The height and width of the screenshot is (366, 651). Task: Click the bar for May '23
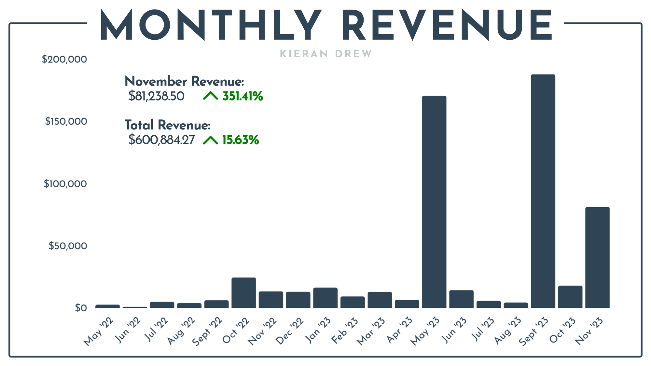pyautogui.click(x=434, y=202)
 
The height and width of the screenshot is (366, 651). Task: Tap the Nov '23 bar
pyautogui.click(x=597, y=257)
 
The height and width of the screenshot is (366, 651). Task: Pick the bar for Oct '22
pyautogui.click(x=243, y=293)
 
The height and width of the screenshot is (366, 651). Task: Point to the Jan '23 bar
pyautogui.click(x=325, y=298)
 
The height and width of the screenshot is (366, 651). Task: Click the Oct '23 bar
pyautogui.click(x=570, y=297)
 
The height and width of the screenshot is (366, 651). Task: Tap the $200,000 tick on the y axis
pyautogui.click(x=64, y=59)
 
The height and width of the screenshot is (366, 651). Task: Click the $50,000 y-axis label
pyautogui.click(x=68, y=246)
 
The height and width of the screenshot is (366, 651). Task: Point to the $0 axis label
pyautogui.click(x=81, y=308)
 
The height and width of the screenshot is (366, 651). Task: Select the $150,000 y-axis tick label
pyautogui.click(x=66, y=121)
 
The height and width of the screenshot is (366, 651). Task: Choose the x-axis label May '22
pyautogui.click(x=98, y=332)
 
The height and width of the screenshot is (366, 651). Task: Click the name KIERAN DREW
pyautogui.click(x=326, y=54)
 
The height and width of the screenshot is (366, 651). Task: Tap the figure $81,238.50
pyautogui.click(x=156, y=96)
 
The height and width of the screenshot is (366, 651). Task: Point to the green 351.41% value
pyautogui.click(x=242, y=96)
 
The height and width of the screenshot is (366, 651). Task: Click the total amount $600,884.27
pyautogui.click(x=161, y=140)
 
